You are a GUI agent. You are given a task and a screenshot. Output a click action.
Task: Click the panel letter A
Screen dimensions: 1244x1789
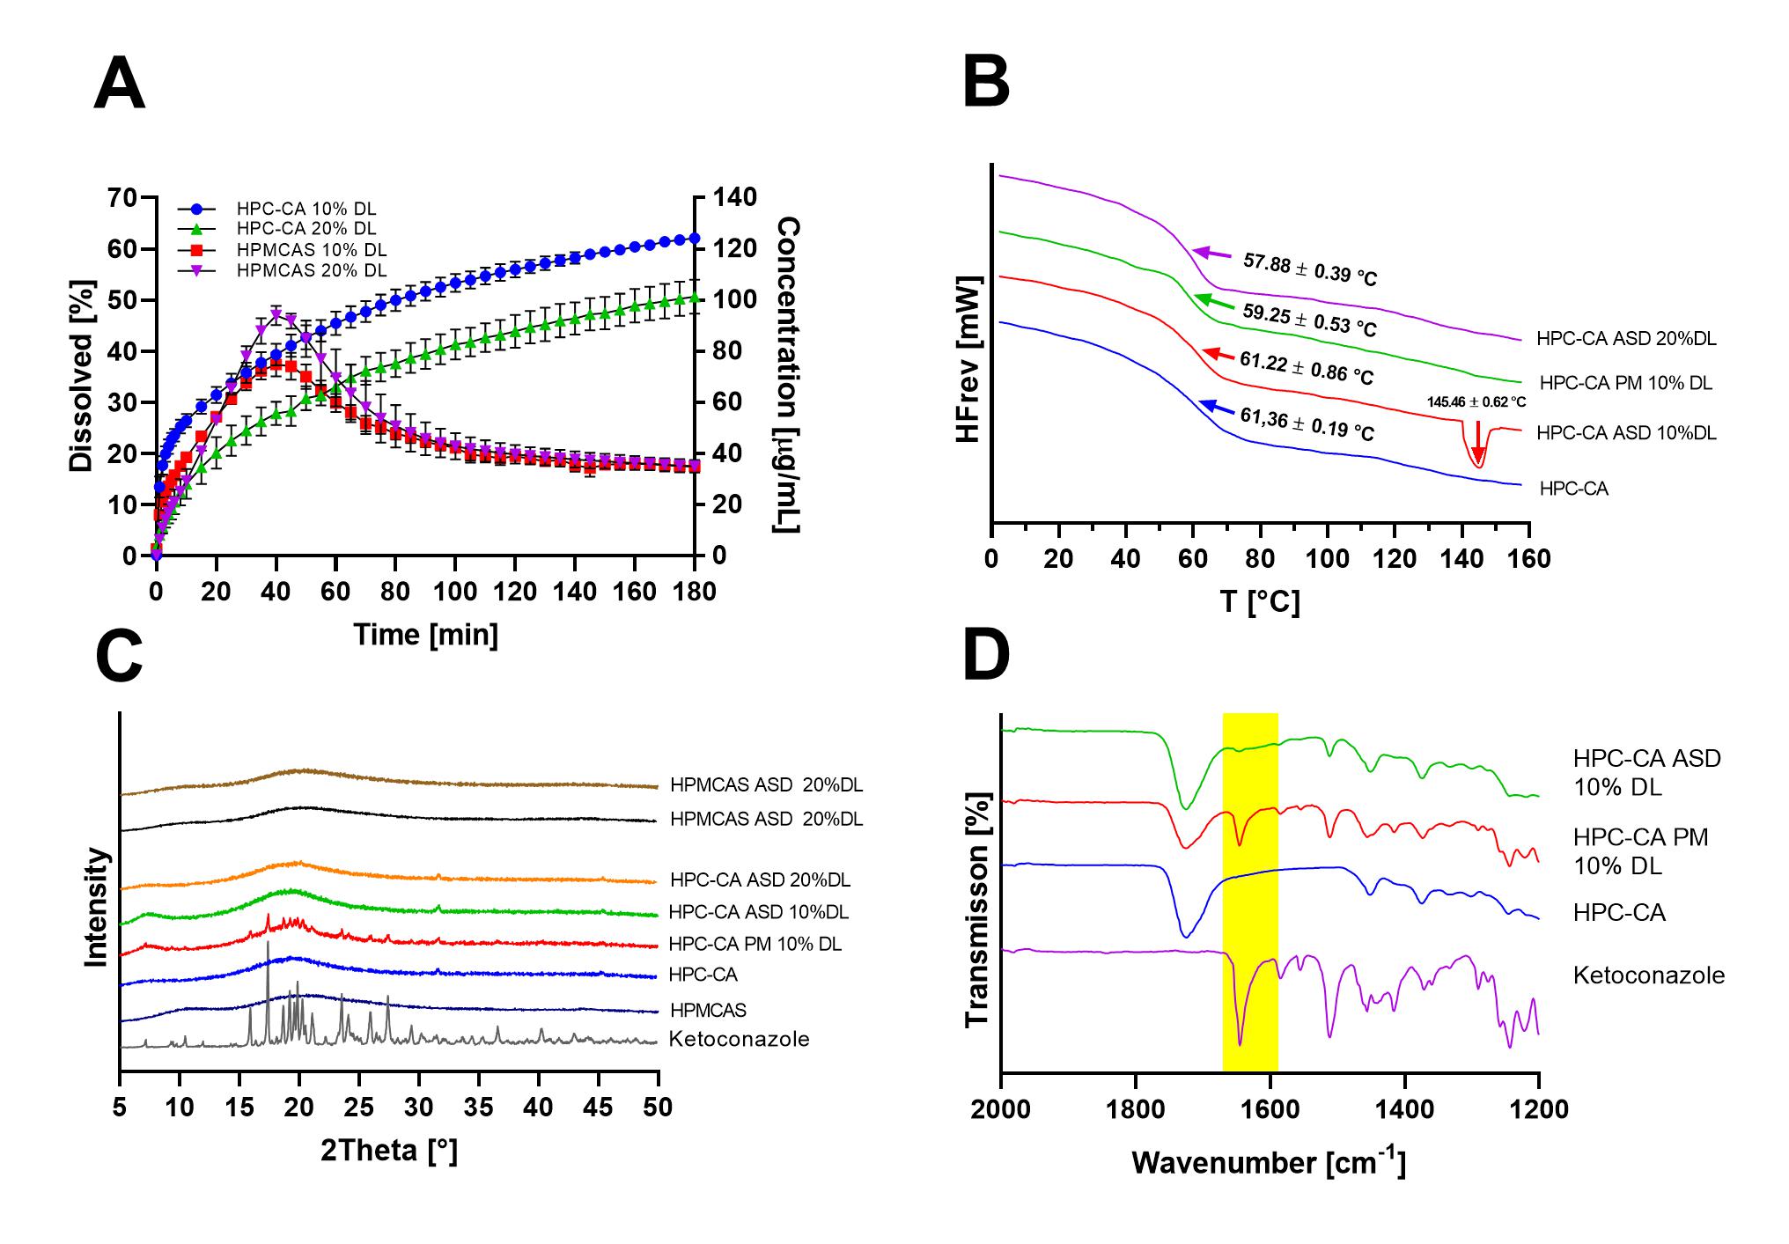119,84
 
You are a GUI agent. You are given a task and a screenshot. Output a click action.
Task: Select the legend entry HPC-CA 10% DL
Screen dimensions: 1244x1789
306,209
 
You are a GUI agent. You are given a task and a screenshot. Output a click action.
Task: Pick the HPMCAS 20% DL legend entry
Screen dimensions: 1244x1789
311,270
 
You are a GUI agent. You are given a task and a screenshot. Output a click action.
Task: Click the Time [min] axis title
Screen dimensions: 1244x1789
426,634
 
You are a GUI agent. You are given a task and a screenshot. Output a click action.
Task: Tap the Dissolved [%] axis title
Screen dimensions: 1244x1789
81,376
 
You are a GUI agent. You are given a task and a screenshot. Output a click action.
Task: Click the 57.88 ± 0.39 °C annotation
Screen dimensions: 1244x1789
1310,269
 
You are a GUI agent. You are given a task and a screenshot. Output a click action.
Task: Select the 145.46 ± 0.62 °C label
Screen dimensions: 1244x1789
1476,401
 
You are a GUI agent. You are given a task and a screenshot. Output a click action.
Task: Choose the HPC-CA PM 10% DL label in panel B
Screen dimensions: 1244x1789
1626,383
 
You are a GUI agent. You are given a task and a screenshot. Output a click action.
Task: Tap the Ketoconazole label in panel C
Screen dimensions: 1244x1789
739,1039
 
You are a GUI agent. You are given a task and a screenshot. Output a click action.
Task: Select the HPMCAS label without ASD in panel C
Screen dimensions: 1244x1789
708,1010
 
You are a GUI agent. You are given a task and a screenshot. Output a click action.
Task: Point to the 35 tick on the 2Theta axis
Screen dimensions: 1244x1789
479,1107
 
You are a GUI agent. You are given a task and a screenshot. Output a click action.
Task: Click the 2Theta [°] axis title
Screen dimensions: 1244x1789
388,1150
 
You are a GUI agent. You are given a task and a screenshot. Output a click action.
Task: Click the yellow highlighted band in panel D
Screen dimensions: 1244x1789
1250,889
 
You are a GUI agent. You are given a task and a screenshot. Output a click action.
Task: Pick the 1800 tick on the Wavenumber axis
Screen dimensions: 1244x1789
1136,1109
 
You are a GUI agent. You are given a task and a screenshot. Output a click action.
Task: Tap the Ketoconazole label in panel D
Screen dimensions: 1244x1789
1649,975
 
